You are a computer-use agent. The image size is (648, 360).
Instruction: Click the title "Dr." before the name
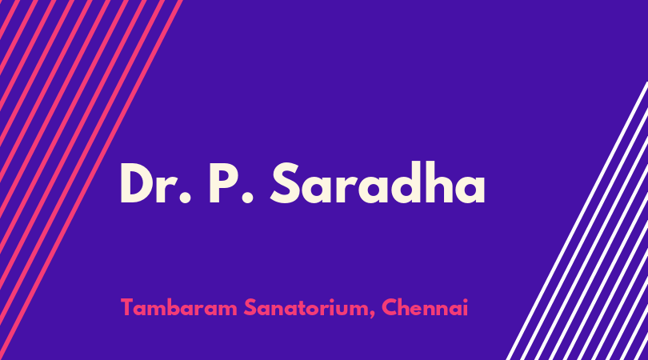156,183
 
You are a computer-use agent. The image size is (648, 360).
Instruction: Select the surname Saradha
378,182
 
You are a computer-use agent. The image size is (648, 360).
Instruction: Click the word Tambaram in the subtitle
179,308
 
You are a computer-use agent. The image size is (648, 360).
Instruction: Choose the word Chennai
425,308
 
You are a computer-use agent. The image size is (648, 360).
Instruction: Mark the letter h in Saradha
432,182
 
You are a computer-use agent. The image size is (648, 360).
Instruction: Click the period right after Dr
185,197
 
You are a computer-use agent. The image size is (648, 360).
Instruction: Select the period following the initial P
247,197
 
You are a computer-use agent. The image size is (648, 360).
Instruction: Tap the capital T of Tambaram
128,308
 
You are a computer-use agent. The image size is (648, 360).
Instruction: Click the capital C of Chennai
390,308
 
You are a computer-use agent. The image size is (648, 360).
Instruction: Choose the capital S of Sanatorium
250,308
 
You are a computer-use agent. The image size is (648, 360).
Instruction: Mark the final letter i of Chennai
466,308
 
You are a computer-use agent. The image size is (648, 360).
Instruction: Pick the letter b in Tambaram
170,308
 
